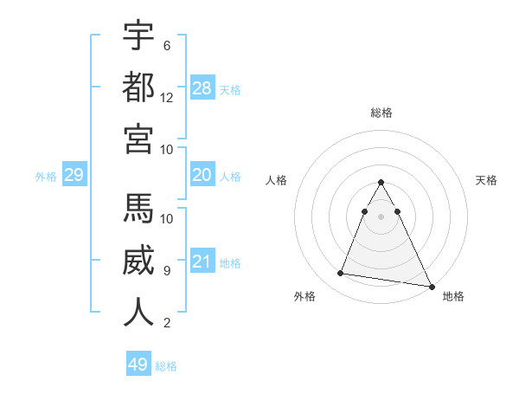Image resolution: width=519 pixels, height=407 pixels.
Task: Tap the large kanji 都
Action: (x=138, y=87)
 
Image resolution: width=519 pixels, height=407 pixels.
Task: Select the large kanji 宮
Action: (x=138, y=139)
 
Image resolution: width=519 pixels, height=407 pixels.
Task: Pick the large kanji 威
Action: (x=138, y=261)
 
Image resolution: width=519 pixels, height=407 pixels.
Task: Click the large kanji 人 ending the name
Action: (x=138, y=312)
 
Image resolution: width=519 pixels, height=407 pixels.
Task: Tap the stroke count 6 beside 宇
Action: (x=166, y=45)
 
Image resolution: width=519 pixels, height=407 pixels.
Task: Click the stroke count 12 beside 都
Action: (x=167, y=97)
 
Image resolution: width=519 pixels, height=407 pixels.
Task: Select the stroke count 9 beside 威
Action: (x=166, y=270)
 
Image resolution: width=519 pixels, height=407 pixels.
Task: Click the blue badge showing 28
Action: (x=202, y=88)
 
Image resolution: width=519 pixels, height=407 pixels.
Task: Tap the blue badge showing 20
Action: (x=202, y=175)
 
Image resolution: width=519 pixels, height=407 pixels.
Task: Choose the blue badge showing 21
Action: (x=202, y=262)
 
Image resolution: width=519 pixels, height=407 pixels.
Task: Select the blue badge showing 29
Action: (x=74, y=176)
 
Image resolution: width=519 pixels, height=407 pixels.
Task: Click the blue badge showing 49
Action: (x=138, y=365)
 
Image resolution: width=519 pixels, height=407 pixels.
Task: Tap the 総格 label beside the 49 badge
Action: (x=166, y=366)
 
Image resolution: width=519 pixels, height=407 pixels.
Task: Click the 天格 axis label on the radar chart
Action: (x=486, y=180)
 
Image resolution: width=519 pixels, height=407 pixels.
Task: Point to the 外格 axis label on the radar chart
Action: (x=304, y=296)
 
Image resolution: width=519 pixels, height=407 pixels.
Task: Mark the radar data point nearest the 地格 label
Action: (x=432, y=287)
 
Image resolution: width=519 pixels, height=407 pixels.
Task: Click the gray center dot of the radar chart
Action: (x=381, y=216)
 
